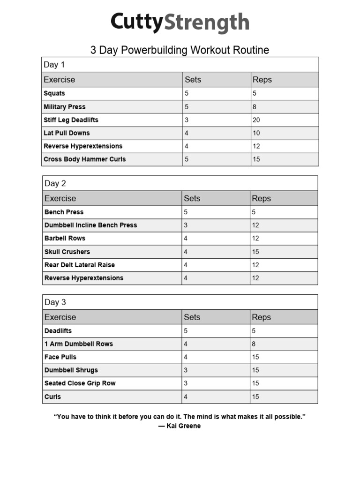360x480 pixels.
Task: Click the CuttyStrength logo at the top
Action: pos(180,22)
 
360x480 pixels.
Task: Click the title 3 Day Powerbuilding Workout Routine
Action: pos(180,50)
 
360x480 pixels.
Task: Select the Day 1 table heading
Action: pos(54,65)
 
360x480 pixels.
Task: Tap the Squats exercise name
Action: pos(54,93)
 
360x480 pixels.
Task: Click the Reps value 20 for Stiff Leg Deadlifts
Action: pos(256,120)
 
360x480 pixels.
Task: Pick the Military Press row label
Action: pos(65,107)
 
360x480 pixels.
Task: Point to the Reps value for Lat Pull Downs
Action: pos(256,133)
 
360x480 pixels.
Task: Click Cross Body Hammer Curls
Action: pos(85,159)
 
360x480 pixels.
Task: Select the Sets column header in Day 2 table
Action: pos(192,198)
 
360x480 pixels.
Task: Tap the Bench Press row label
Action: pos(64,212)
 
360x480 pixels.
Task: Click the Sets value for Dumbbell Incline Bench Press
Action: pos(186,225)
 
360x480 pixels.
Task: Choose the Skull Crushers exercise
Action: pos(67,252)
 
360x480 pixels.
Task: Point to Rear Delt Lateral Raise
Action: pos(80,265)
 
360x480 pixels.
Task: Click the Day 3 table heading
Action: pos(55,302)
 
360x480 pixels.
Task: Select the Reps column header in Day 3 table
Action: pos(261,317)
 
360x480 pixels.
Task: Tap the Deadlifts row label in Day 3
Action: pos(58,331)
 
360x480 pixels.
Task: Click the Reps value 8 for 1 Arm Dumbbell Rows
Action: pos(254,344)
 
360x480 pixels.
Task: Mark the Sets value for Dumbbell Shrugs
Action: pos(186,370)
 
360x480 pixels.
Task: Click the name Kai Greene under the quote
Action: pos(183,426)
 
